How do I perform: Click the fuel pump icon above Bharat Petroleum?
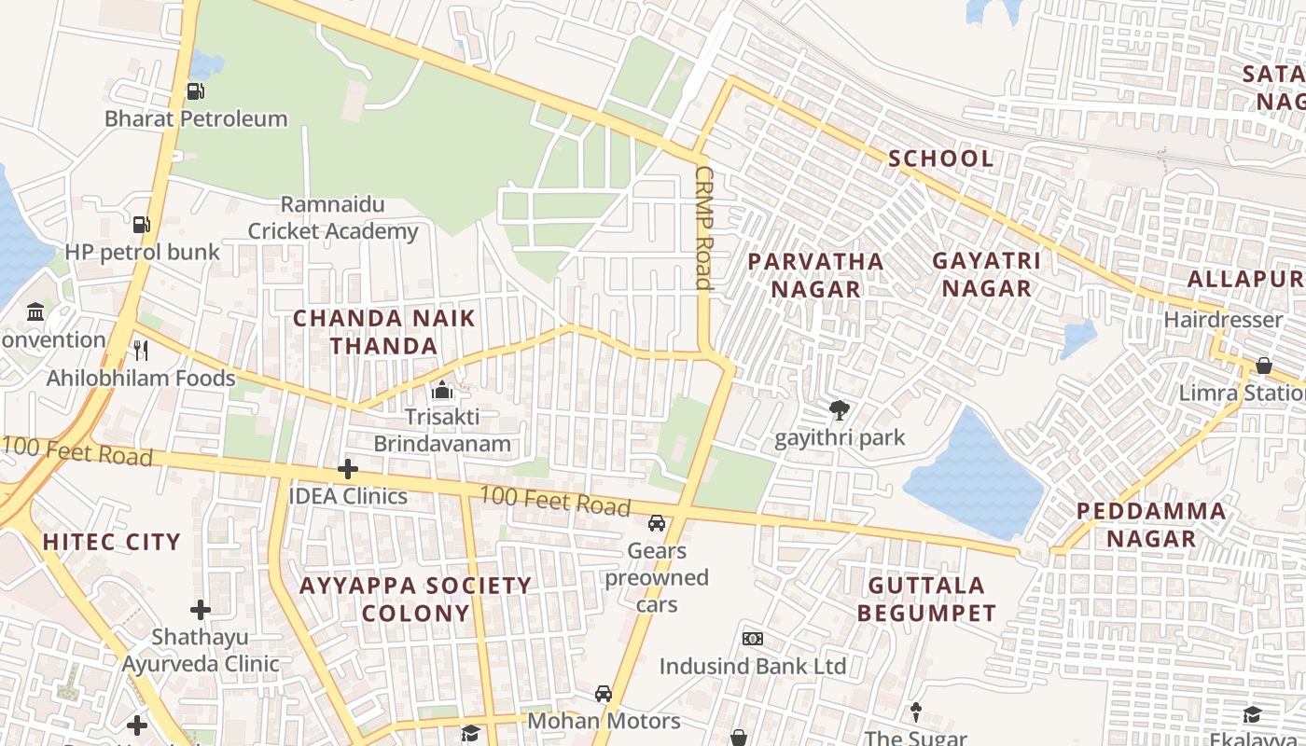195,91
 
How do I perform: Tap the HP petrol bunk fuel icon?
141,225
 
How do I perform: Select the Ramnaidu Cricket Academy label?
333,218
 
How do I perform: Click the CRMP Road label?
704,228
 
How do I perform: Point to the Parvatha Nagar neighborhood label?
816,275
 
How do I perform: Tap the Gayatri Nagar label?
987,275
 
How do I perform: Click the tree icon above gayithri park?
840,410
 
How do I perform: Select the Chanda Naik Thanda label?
384,332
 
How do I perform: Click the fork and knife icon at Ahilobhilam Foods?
141,351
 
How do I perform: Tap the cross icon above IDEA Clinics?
348,468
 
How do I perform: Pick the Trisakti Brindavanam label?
442,431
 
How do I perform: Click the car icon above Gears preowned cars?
657,523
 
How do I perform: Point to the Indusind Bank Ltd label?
752,666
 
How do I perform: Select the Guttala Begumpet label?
926,600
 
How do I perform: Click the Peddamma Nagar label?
1151,525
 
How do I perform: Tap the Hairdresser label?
1223,320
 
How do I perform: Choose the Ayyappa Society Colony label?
415,600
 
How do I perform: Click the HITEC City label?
111,542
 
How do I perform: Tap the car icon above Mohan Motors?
604,694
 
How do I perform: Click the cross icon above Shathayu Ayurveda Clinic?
201,611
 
